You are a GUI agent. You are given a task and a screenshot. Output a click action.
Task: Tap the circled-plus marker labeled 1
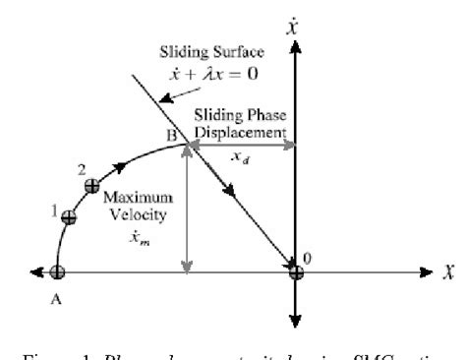(68, 217)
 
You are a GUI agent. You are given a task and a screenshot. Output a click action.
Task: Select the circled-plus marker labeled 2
(92, 185)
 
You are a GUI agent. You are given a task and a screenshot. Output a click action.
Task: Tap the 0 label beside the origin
(309, 259)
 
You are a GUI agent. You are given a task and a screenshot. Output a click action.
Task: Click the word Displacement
(245, 130)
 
